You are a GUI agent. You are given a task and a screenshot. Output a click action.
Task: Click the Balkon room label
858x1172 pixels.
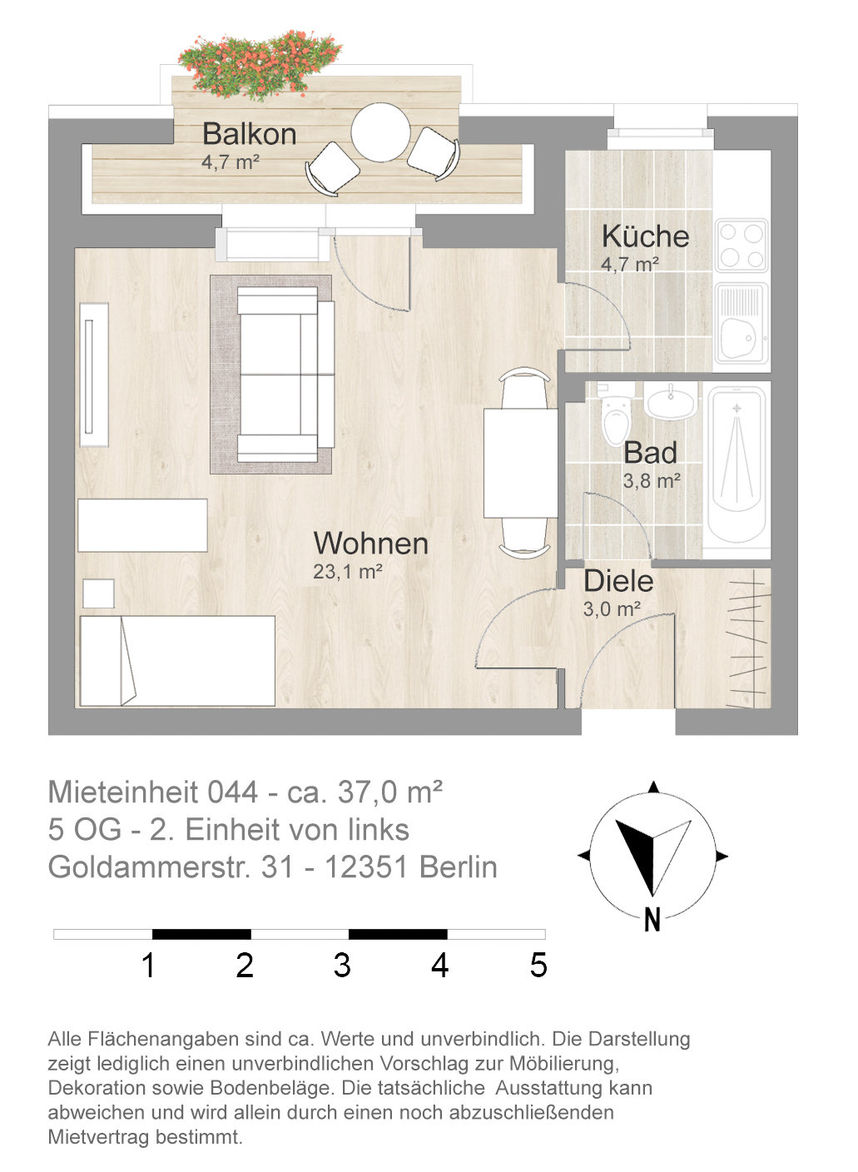point(249,134)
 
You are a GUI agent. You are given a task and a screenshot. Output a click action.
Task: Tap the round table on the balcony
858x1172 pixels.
point(380,132)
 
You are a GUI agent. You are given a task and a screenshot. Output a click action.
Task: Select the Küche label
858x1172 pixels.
point(645,236)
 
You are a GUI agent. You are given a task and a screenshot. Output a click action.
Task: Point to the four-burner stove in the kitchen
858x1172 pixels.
point(741,246)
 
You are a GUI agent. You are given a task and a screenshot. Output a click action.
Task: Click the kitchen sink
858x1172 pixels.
point(741,323)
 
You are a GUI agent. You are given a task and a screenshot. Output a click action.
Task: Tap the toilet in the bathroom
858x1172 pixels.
point(616,415)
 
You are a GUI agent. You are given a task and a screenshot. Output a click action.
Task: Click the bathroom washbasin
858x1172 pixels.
point(671,400)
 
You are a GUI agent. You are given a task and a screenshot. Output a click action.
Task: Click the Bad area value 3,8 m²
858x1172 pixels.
point(652,481)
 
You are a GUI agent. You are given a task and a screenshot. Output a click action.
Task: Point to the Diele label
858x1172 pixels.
point(618,581)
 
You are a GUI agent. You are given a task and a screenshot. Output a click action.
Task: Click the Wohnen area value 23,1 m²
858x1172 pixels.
point(347,572)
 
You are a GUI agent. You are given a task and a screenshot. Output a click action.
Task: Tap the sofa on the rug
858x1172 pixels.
point(285,375)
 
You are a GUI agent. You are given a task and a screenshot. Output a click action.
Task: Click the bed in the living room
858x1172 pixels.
point(177,661)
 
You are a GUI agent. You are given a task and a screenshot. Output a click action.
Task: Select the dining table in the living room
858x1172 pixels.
point(521,463)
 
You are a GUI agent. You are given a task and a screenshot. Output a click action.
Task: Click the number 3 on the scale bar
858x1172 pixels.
point(342,965)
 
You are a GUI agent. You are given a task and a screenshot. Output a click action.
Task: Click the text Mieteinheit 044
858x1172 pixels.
point(153,792)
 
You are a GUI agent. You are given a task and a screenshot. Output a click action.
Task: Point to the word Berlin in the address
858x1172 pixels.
point(459,867)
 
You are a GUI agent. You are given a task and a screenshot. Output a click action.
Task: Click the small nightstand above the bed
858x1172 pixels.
point(98,593)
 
